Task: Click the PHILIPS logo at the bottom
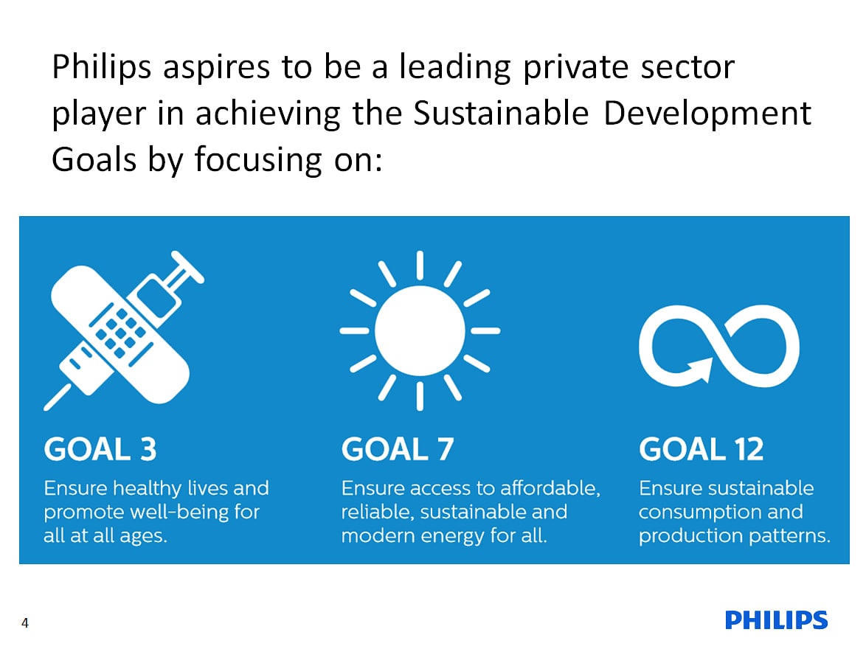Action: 776,619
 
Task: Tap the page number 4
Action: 25,623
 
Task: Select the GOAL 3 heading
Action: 100,448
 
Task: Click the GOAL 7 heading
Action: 398,448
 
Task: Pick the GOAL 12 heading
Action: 702,448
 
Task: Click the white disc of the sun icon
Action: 420,331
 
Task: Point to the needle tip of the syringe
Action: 46,409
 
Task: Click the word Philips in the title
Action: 102,67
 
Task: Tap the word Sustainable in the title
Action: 501,114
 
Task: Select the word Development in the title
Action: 707,114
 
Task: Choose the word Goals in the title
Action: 94,159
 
